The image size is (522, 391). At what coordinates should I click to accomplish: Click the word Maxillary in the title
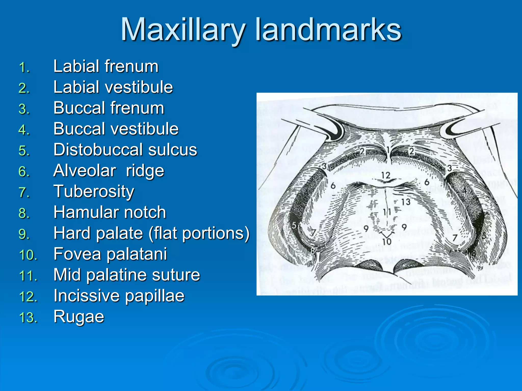tap(183, 30)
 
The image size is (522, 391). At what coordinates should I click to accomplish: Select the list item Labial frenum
tap(106, 66)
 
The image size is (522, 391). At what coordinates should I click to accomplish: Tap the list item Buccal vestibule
tap(116, 129)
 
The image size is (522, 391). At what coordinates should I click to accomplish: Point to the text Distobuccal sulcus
tap(125, 150)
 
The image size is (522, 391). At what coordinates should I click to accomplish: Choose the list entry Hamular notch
tap(110, 212)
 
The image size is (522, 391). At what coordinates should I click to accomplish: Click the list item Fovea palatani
tap(110, 254)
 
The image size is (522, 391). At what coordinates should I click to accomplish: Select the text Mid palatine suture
tap(127, 275)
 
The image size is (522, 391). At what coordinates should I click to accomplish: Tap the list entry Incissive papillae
tap(119, 296)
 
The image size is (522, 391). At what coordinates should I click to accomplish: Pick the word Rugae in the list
tap(79, 317)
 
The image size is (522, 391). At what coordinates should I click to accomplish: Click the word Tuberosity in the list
tap(94, 191)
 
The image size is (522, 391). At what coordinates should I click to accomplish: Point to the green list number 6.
tap(24, 172)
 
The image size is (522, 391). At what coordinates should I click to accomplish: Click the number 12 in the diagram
tap(386, 175)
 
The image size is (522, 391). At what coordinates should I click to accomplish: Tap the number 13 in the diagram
tap(406, 202)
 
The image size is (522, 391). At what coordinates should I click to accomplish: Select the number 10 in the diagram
tap(387, 241)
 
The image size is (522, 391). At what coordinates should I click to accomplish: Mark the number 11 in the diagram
tap(387, 212)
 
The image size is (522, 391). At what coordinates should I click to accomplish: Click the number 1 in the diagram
tap(388, 150)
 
